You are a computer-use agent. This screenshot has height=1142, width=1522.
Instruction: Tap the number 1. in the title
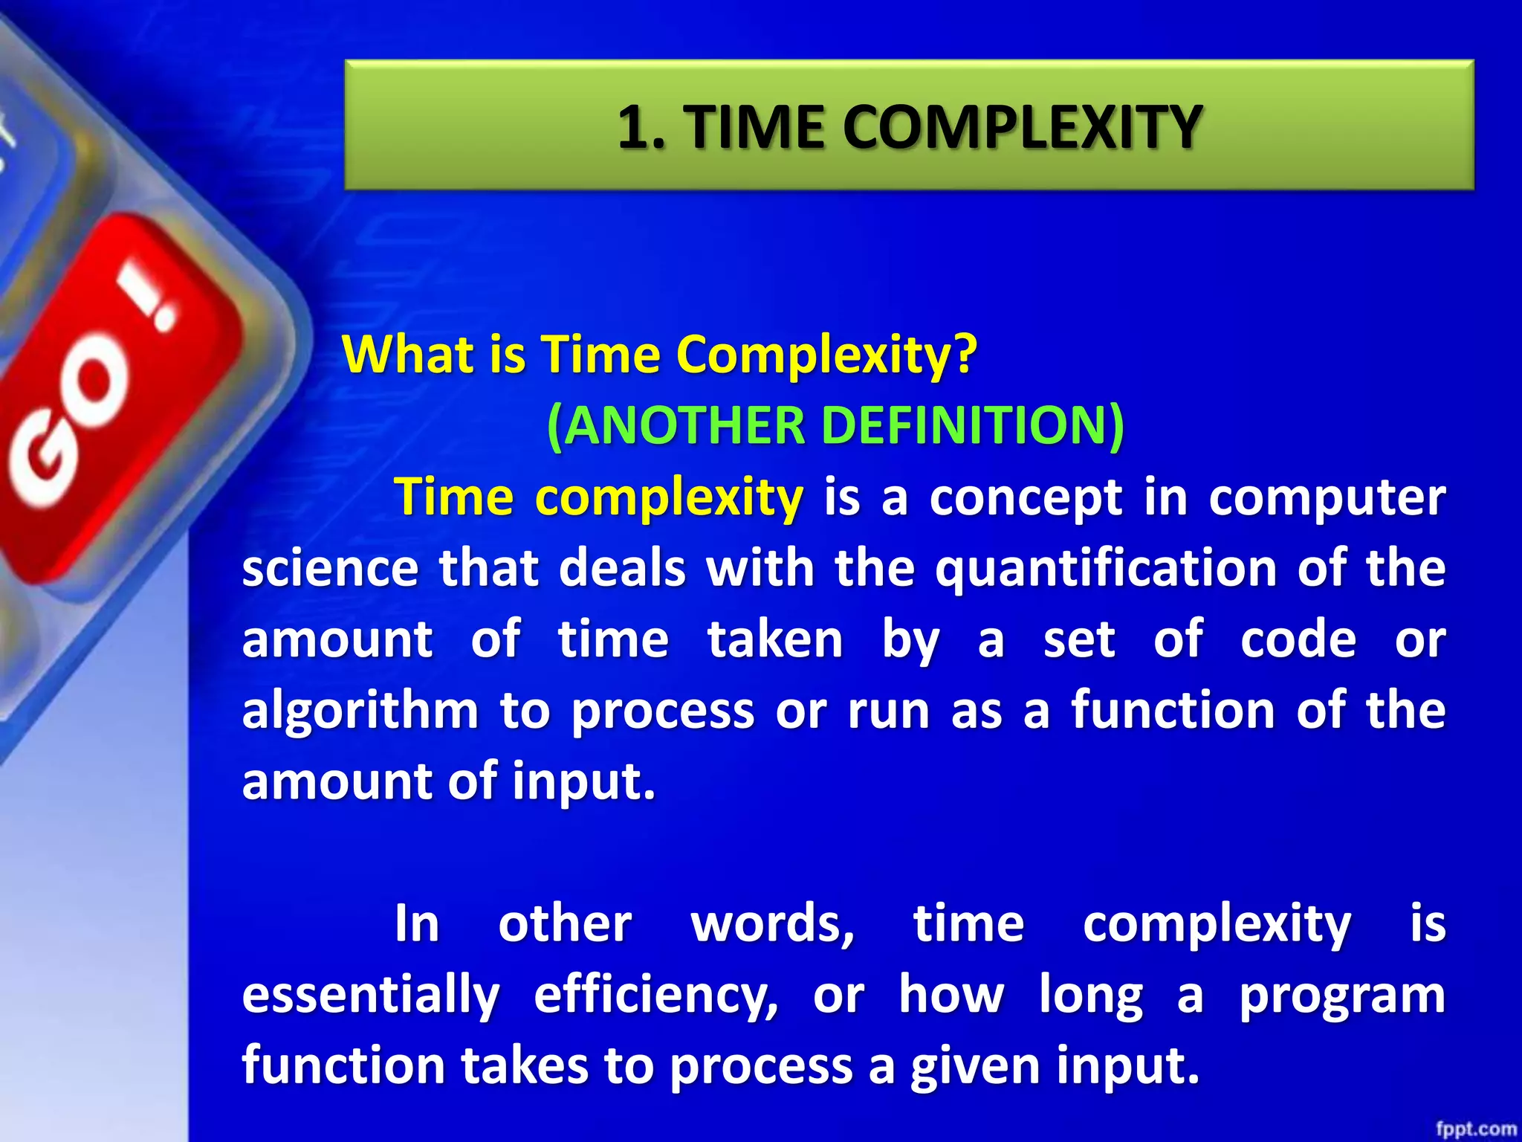point(641,128)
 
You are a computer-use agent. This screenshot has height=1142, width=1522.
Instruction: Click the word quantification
point(1105,569)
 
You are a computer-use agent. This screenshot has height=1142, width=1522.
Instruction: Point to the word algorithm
point(360,712)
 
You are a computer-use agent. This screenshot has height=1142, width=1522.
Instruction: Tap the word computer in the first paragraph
point(1327,497)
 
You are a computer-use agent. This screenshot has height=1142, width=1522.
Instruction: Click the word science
point(330,569)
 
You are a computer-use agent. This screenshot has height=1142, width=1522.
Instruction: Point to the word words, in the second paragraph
point(773,924)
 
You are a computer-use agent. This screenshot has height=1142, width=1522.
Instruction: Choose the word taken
point(775,640)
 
